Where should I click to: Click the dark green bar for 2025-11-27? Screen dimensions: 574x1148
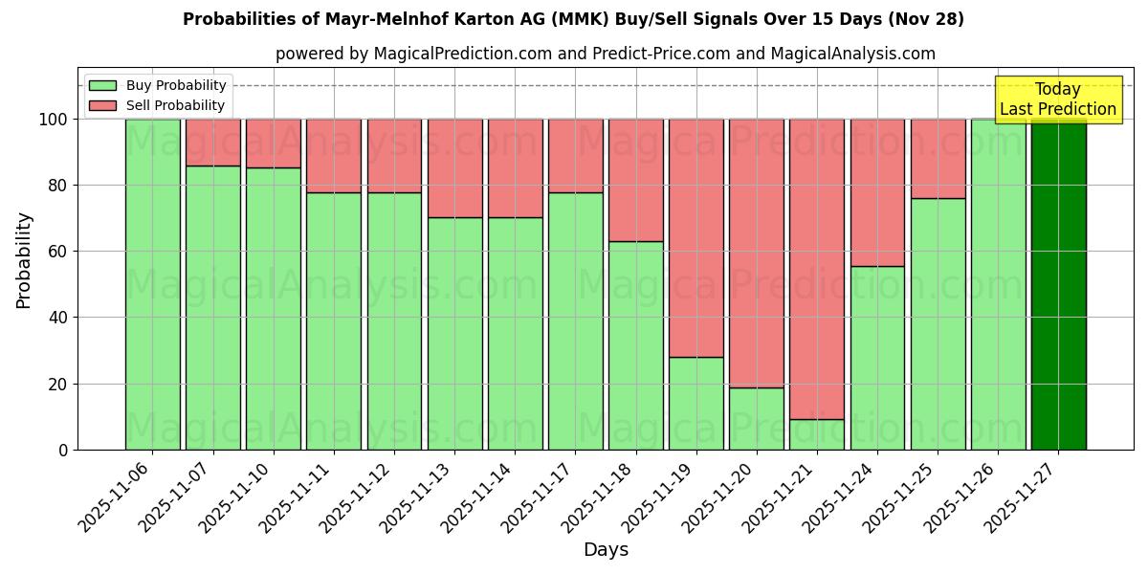1058,284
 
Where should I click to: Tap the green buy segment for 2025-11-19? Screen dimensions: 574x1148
696,403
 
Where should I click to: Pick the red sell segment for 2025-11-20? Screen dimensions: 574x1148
757,253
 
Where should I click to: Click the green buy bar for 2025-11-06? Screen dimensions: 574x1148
152,284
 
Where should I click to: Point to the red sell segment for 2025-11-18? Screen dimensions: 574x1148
636,180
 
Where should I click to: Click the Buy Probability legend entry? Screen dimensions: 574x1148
158,85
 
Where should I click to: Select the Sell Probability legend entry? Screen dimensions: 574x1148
158,105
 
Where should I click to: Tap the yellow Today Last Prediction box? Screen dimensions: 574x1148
1057,99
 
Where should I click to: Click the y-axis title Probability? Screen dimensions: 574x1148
24,259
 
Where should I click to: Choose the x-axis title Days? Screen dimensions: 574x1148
606,550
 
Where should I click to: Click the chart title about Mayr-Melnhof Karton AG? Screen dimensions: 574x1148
573,19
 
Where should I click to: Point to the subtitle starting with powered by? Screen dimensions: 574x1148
605,54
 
